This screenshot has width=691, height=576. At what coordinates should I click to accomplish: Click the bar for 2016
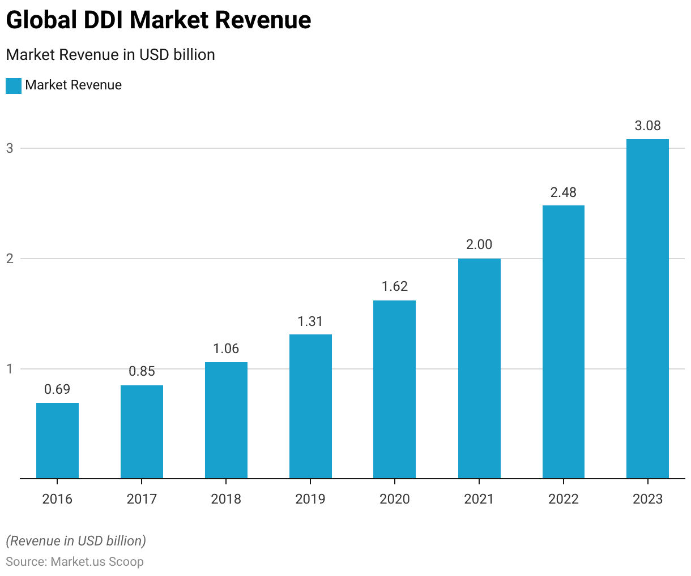click(x=57, y=441)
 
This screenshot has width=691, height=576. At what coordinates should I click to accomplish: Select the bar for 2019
click(x=310, y=406)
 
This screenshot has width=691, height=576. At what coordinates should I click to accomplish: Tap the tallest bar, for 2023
click(x=647, y=309)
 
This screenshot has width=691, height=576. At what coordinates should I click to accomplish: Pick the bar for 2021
click(x=479, y=368)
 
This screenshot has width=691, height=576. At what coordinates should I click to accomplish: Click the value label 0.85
click(x=142, y=371)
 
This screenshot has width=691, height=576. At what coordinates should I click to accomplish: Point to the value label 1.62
click(x=395, y=286)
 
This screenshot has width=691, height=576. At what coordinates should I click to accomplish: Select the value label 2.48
click(x=563, y=192)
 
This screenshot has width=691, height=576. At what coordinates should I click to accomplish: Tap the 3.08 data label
click(x=647, y=126)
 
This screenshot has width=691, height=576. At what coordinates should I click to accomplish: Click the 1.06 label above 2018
click(x=226, y=349)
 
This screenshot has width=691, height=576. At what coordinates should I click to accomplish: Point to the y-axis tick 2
click(x=10, y=259)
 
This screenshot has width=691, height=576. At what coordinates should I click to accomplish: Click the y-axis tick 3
click(x=10, y=148)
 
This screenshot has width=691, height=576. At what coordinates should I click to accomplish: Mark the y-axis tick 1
click(x=10, y=369)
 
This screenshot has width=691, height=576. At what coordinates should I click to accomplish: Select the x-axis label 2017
click(x=142, y=498)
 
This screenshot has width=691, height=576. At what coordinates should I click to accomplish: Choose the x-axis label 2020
click(x=395, y=498)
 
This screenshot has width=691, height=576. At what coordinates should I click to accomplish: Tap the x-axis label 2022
click(x=563, y=498)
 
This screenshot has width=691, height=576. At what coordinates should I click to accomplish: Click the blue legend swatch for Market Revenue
click(x=14, y=85)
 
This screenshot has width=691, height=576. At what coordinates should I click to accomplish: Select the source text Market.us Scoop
click(x=97, y=562)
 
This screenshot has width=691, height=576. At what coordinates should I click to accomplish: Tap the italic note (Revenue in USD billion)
click(x=76, y=541)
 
